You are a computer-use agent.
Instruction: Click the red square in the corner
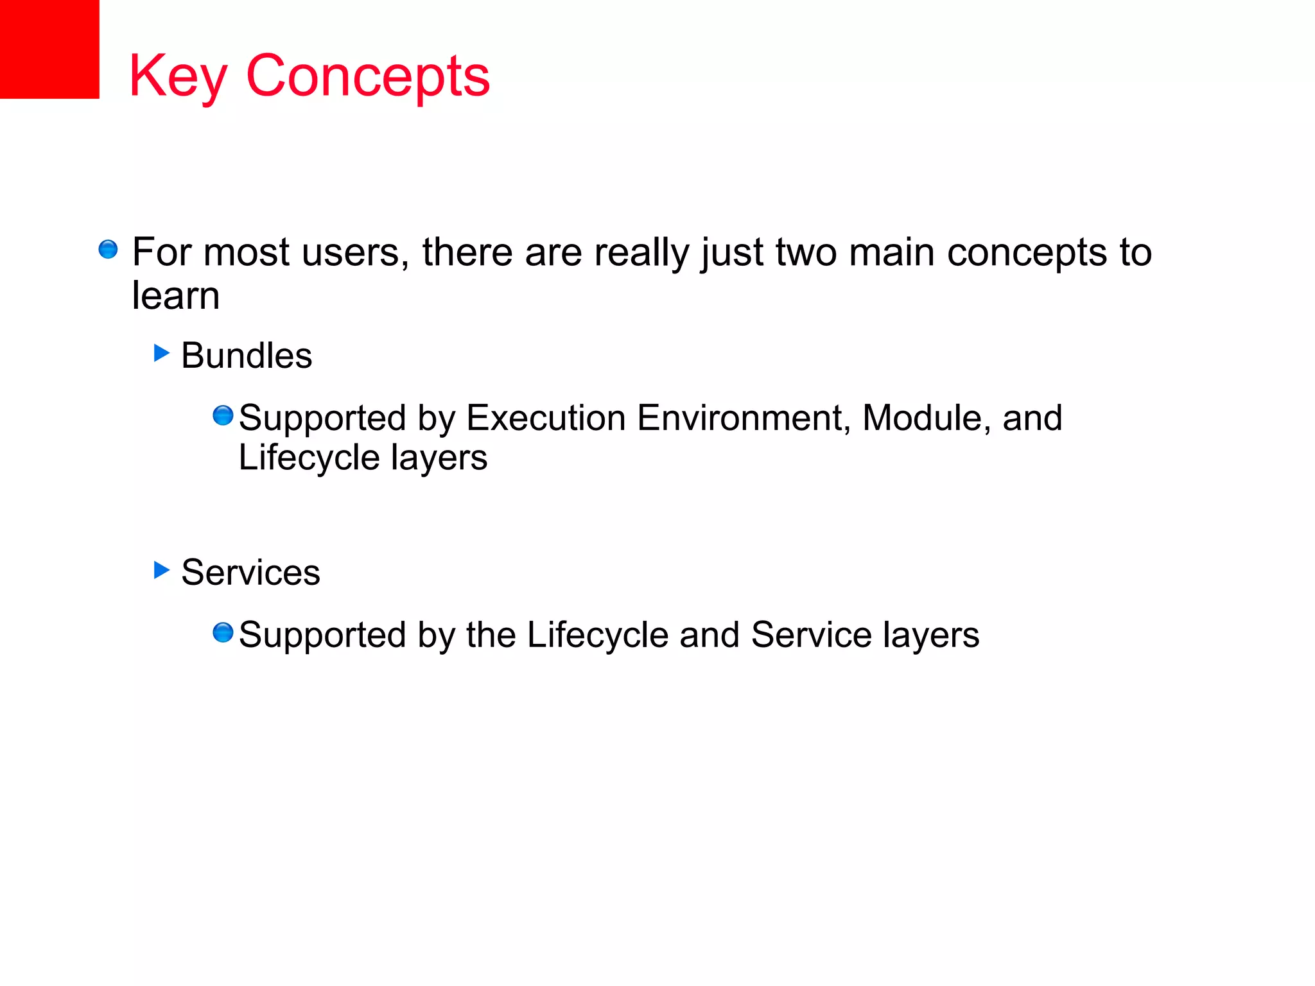49,49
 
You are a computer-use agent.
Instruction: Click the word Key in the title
178,77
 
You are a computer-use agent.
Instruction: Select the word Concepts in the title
368,77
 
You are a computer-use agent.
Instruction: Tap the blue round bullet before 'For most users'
108,249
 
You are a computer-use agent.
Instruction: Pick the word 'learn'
176,296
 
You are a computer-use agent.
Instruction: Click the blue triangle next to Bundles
161,352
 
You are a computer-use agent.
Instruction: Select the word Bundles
247,356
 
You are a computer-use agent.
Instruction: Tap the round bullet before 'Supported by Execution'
223,415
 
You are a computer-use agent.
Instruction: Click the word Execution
546,419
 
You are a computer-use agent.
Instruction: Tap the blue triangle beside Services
161,569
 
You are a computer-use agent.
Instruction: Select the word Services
250,573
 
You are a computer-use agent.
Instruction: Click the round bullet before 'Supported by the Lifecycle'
223,632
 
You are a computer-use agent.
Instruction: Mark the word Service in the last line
811,636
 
